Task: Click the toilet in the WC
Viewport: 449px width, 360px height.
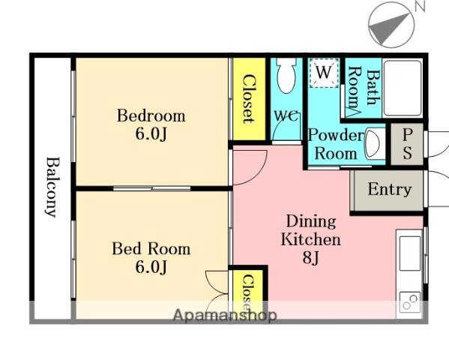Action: pyautogui.click(x=286, y=76)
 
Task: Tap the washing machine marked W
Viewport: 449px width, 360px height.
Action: pyautogui.click(x=324, y=73)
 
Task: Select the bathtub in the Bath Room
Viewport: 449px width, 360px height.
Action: pyautogui.click(x=403, y=88)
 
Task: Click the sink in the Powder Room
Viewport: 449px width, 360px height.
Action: pyautogui.click(x=373, y=143)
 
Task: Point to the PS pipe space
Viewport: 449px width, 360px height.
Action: pyautogui.click(x=407, y=144)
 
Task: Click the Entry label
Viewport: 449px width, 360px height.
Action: pyautogui.click(x=390, y=190)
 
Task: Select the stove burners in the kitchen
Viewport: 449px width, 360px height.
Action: pyautogui.click(x=410, y=302)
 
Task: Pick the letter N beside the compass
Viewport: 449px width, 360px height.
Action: pyautogui.click(x=420, y=6)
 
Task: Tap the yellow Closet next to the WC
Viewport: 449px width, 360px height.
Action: pyautogui.click(x=249, y=99)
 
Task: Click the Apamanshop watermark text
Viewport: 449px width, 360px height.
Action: pyautogui.click(x=225, y=315)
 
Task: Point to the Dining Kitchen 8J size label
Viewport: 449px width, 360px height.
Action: pyautogui.click(x=310, y=258)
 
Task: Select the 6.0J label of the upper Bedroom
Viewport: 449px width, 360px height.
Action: pyautogui.click(x=151, y=133)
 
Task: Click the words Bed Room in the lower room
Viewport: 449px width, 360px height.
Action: pyautogui.click(x=151, y=249)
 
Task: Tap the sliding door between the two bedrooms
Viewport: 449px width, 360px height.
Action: pyautogui.click(x=151, y=188)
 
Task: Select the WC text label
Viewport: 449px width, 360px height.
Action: pyautogui.click(x=286, y=115)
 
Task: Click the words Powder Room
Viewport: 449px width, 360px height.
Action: pyautogui.click(x=336, y=144)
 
